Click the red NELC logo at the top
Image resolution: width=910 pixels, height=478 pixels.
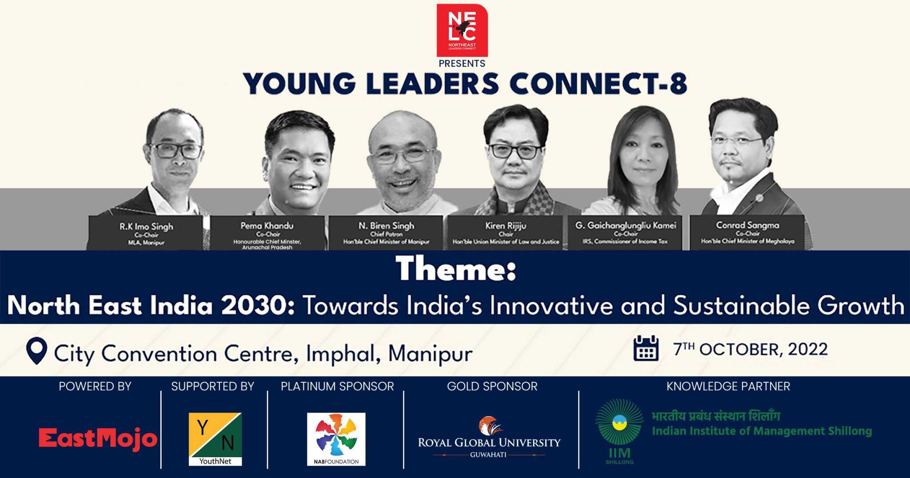pyautogui.click(x=462, y=30)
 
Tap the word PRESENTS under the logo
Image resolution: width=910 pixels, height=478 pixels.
pyautogui.click(x=462, y=64)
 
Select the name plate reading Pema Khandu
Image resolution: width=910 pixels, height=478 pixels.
pyautogui.click(x=267, y=234)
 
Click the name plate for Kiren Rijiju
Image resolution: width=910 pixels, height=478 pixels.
pyautogui.click(x=506, y=233)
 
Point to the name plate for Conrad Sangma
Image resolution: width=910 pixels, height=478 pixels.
pyautogui.click(x=747, y=232)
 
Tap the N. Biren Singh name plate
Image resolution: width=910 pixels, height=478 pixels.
pyautogui.click(x=386, y=233)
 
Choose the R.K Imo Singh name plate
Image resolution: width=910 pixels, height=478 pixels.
pyautogui.click(x=146, y=233)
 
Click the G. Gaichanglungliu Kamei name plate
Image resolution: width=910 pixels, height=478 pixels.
pyautogui.click(x=625, y=233)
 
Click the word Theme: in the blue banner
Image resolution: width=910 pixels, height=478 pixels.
pyautogui.click(x=456, y=269)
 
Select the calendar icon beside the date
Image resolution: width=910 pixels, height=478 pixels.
pyautogui.click(x=646, y=348)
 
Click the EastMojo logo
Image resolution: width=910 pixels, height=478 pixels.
pyautogui.click(x=98, y=438)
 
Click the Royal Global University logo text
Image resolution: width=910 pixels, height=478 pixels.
pyautogui.click(x=489, y=442)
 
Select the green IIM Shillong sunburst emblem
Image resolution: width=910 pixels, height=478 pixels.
pyautogui.click(x=619, y=425)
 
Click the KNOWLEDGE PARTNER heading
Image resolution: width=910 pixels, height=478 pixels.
pyautogui.click(x=728, y=386)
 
